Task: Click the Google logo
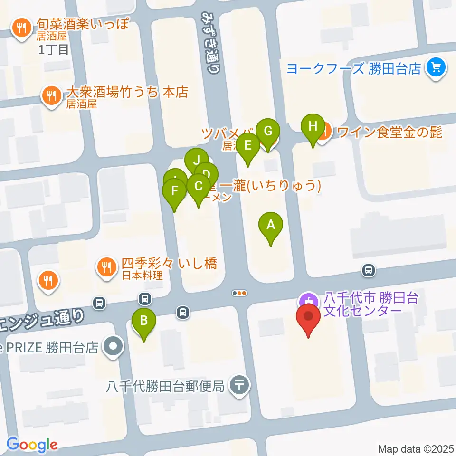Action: pos(32,445)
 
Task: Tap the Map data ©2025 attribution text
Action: pos(416,448)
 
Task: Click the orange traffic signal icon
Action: pos(239,293)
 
